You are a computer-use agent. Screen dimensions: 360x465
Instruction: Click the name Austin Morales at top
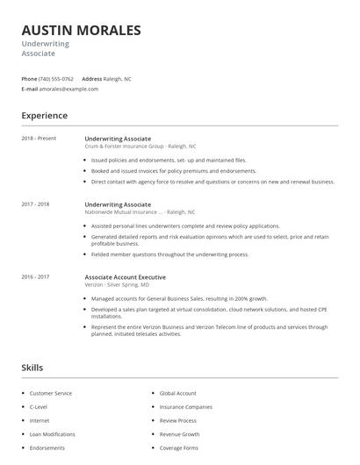81,31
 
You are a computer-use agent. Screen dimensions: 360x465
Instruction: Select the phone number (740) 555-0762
56,79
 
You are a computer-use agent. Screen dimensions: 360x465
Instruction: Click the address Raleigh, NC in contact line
118,79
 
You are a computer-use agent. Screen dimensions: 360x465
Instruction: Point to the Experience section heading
44,116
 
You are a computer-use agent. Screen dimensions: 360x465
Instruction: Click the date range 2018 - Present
39,139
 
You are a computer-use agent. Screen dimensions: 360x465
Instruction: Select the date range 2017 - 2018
35,204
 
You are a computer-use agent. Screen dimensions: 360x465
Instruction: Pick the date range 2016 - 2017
35,277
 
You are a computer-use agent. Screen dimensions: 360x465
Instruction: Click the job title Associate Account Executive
125,277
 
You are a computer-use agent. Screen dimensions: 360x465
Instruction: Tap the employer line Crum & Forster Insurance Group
140,147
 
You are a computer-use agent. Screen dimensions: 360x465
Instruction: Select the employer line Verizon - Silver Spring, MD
117,285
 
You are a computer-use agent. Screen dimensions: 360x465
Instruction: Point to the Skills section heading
32,368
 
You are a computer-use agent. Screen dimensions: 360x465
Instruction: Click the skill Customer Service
51,393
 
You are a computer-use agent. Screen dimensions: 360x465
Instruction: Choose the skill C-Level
40,407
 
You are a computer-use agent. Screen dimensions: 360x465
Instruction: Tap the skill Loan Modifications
53,434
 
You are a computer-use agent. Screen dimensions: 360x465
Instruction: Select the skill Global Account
178,393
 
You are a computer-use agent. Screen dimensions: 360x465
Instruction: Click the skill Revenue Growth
180,434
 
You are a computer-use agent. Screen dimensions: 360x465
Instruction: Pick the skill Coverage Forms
179,448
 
